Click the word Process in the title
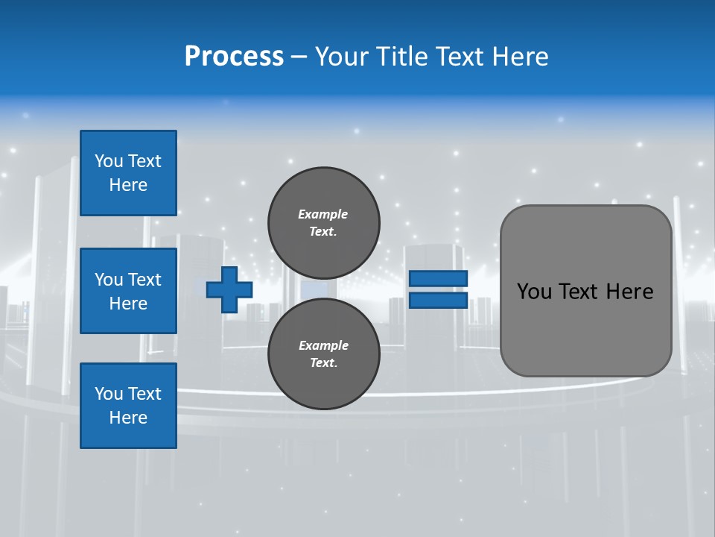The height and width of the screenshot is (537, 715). pyautogui.click(x=234, y=57)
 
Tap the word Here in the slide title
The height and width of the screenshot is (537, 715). pyautogui.click(x=521, y=57)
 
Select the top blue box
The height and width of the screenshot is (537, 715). pyautogui.click(x=128, y=173)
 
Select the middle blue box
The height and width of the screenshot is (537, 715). pyautogui.click(x=128, y=291)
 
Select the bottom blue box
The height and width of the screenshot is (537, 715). pyautogui.click(x=128, y=406)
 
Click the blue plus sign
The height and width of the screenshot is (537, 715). pyautogui.click(x=229, y=289)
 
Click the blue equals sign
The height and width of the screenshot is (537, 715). pyautogui.click(x=438, y=289)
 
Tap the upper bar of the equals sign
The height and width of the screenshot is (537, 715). pyautogui.click(x=438, y=279)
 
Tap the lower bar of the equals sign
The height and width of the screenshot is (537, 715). pyautogui.click(x=438, y=300)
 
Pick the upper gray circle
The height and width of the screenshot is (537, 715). pyautogui.click(x=323, y=222)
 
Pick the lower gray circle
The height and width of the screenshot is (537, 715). pyautogui.click(x=323, y=354)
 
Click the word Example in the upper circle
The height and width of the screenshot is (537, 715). pyautogui.click(x=323, y=214)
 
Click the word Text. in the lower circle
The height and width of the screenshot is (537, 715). pyautogui.click(x=323, y=363)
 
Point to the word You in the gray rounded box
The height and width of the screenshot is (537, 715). pyautogui.click(x=535, y=292)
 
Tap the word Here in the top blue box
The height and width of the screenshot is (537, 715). pyautogui.click(x=128, y=185)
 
